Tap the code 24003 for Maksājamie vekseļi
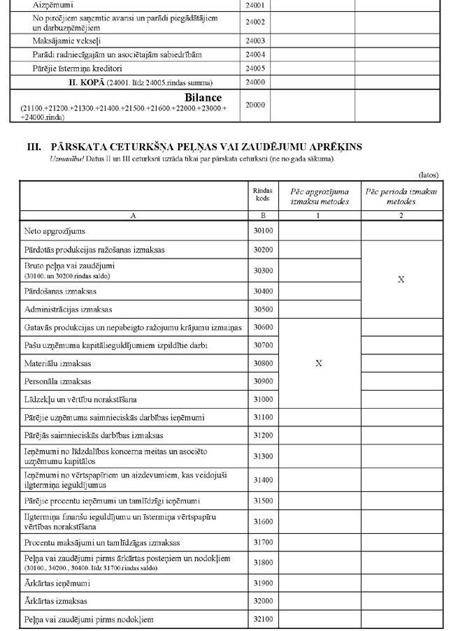[256, 41]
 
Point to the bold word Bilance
[203, 98]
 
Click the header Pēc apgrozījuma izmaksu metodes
[319, 196]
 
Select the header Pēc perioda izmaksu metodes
[401, 196]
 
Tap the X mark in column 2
[401, 280]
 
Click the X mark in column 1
[319, 363]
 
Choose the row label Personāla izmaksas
[54, 382]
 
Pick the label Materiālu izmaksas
[53, 364]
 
